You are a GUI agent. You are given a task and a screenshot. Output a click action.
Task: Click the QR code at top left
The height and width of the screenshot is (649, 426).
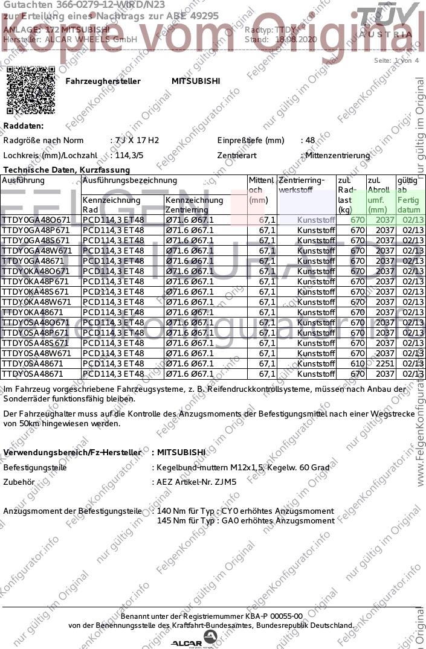(x=31, y=91)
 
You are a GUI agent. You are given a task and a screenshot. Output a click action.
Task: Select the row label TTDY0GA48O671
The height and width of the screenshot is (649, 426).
(x=36, y=220)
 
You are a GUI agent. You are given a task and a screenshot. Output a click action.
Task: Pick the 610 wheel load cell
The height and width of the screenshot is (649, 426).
(x=358, y=363)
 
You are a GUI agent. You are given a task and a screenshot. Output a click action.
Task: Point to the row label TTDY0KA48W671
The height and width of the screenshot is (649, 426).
(x=37, y=302)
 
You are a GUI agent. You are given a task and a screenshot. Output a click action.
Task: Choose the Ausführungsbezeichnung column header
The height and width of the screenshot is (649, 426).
(x=129, y=180)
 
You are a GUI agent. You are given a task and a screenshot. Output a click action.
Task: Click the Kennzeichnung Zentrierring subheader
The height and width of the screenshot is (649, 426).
(x=194, y=205)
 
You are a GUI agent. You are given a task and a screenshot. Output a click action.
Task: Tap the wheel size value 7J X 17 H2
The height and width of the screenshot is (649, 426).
(x=137, y=141)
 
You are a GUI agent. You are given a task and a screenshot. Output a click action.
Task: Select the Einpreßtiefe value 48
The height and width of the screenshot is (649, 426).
(x=310, y=141)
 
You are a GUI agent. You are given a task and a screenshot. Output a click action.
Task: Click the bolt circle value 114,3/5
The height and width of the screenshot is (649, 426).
(x=129, y=155)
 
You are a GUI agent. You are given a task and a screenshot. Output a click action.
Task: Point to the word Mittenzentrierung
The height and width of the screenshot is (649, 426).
(x=338, y=155)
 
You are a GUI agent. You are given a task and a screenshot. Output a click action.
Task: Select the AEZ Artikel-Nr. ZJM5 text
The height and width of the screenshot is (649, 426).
(x=196, y=482)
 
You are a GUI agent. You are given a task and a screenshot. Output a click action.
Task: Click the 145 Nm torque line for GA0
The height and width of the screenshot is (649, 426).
(x=245, y=520)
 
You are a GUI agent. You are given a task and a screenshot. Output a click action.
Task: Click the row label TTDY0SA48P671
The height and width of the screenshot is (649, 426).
(x=36, y=333)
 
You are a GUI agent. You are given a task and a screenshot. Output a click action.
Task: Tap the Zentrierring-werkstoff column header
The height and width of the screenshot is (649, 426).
(x=302, y=185)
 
